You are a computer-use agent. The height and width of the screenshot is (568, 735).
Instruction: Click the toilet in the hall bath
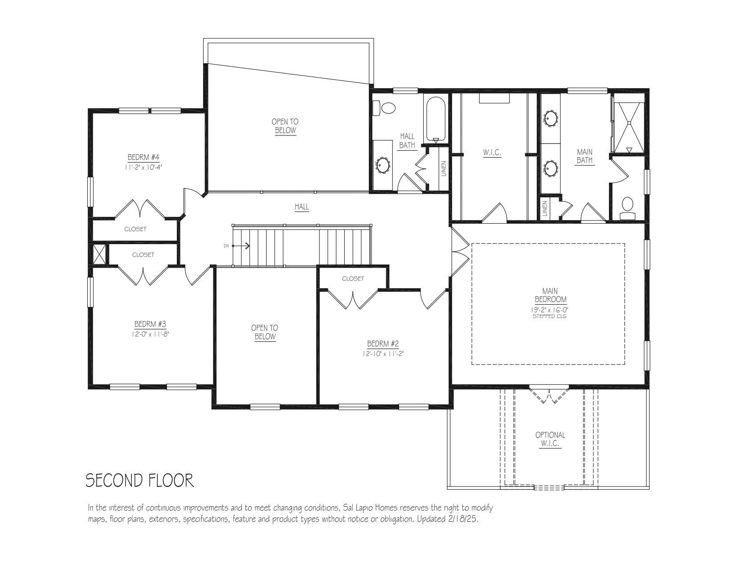coord(384,108)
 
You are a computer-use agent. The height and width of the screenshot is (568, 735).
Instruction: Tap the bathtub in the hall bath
coord(435,119)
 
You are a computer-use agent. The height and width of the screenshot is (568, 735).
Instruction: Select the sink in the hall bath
coord(383,165)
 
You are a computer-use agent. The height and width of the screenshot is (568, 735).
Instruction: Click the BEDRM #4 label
coord(143,157)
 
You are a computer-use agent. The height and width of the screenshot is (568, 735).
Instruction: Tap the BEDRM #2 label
coord(383,344)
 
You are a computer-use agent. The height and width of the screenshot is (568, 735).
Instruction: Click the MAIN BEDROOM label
coord(550,295)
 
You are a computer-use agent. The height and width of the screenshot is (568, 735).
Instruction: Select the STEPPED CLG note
coord(550,316)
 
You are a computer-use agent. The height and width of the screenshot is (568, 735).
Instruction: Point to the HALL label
coord(302,206)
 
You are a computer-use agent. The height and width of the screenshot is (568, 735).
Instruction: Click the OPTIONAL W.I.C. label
coord(550,439)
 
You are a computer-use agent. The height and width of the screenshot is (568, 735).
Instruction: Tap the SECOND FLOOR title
coord(140,480)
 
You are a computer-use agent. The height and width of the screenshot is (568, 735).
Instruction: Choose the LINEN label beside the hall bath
coord(444,168)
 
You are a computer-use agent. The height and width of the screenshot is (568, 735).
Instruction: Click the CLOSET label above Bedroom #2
coord(353,278)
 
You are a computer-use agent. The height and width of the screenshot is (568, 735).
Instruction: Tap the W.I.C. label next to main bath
coord(492,152)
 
